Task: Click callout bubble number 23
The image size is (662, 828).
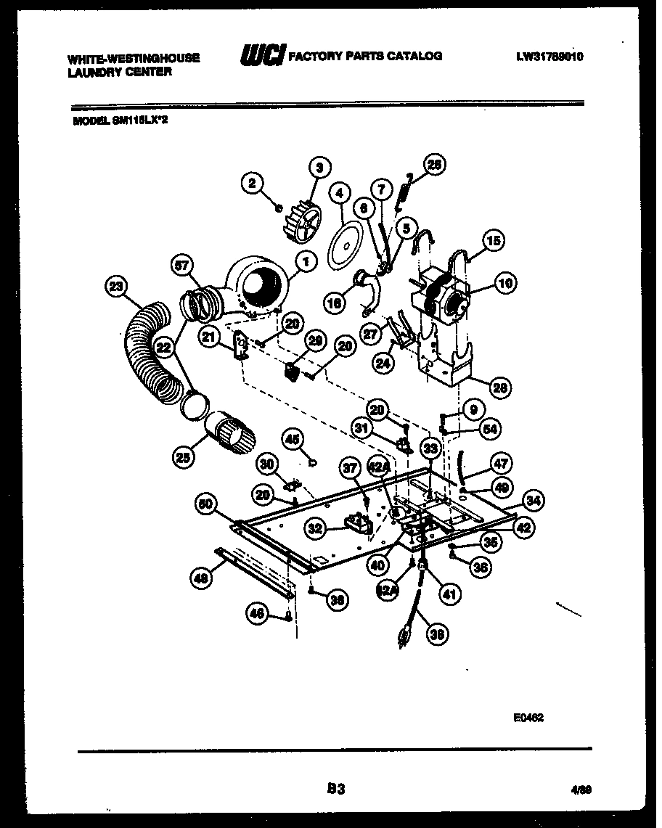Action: coord(115,286)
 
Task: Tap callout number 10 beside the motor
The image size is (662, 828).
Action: coord(505,284)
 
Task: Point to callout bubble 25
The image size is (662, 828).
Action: coord(184,456)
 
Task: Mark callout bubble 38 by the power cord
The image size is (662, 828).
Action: coord(437,635)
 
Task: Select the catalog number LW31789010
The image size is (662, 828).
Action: coord(550,57)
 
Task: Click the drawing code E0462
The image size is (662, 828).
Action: coord(528,716)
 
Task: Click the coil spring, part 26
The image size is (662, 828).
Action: coord(405,191)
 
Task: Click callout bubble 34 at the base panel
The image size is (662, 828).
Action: coord(534,499)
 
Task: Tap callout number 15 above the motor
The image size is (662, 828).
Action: coord(493,240)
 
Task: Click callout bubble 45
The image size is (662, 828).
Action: coord(292,438)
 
